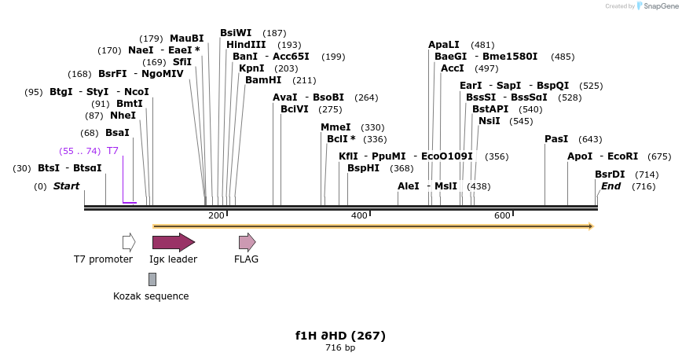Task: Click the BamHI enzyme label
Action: coord(263,80)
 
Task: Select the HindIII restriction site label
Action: coord(246,45)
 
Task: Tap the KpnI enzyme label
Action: coord(251,68)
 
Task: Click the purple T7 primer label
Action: coord(112,151)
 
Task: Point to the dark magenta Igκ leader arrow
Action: coord(174,241)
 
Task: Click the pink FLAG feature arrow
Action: coord(247,241)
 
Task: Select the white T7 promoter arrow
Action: coord(129,241)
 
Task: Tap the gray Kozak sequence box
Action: coord(152,279)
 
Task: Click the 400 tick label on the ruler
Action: coord(359,215)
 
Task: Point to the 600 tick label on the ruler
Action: coord(502,215)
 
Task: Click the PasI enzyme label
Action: coord(556,139)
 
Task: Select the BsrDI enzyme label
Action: coord(610,174)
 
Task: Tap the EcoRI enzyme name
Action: coord(622,156)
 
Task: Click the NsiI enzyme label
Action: coord(489,121)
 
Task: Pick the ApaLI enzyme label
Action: coord(444,45)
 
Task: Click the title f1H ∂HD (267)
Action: coord(340,336)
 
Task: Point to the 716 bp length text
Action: coord(340,347)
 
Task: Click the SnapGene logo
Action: coord(657,6)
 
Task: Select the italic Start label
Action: coord(66,186)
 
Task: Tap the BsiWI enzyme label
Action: coord(236,33)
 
